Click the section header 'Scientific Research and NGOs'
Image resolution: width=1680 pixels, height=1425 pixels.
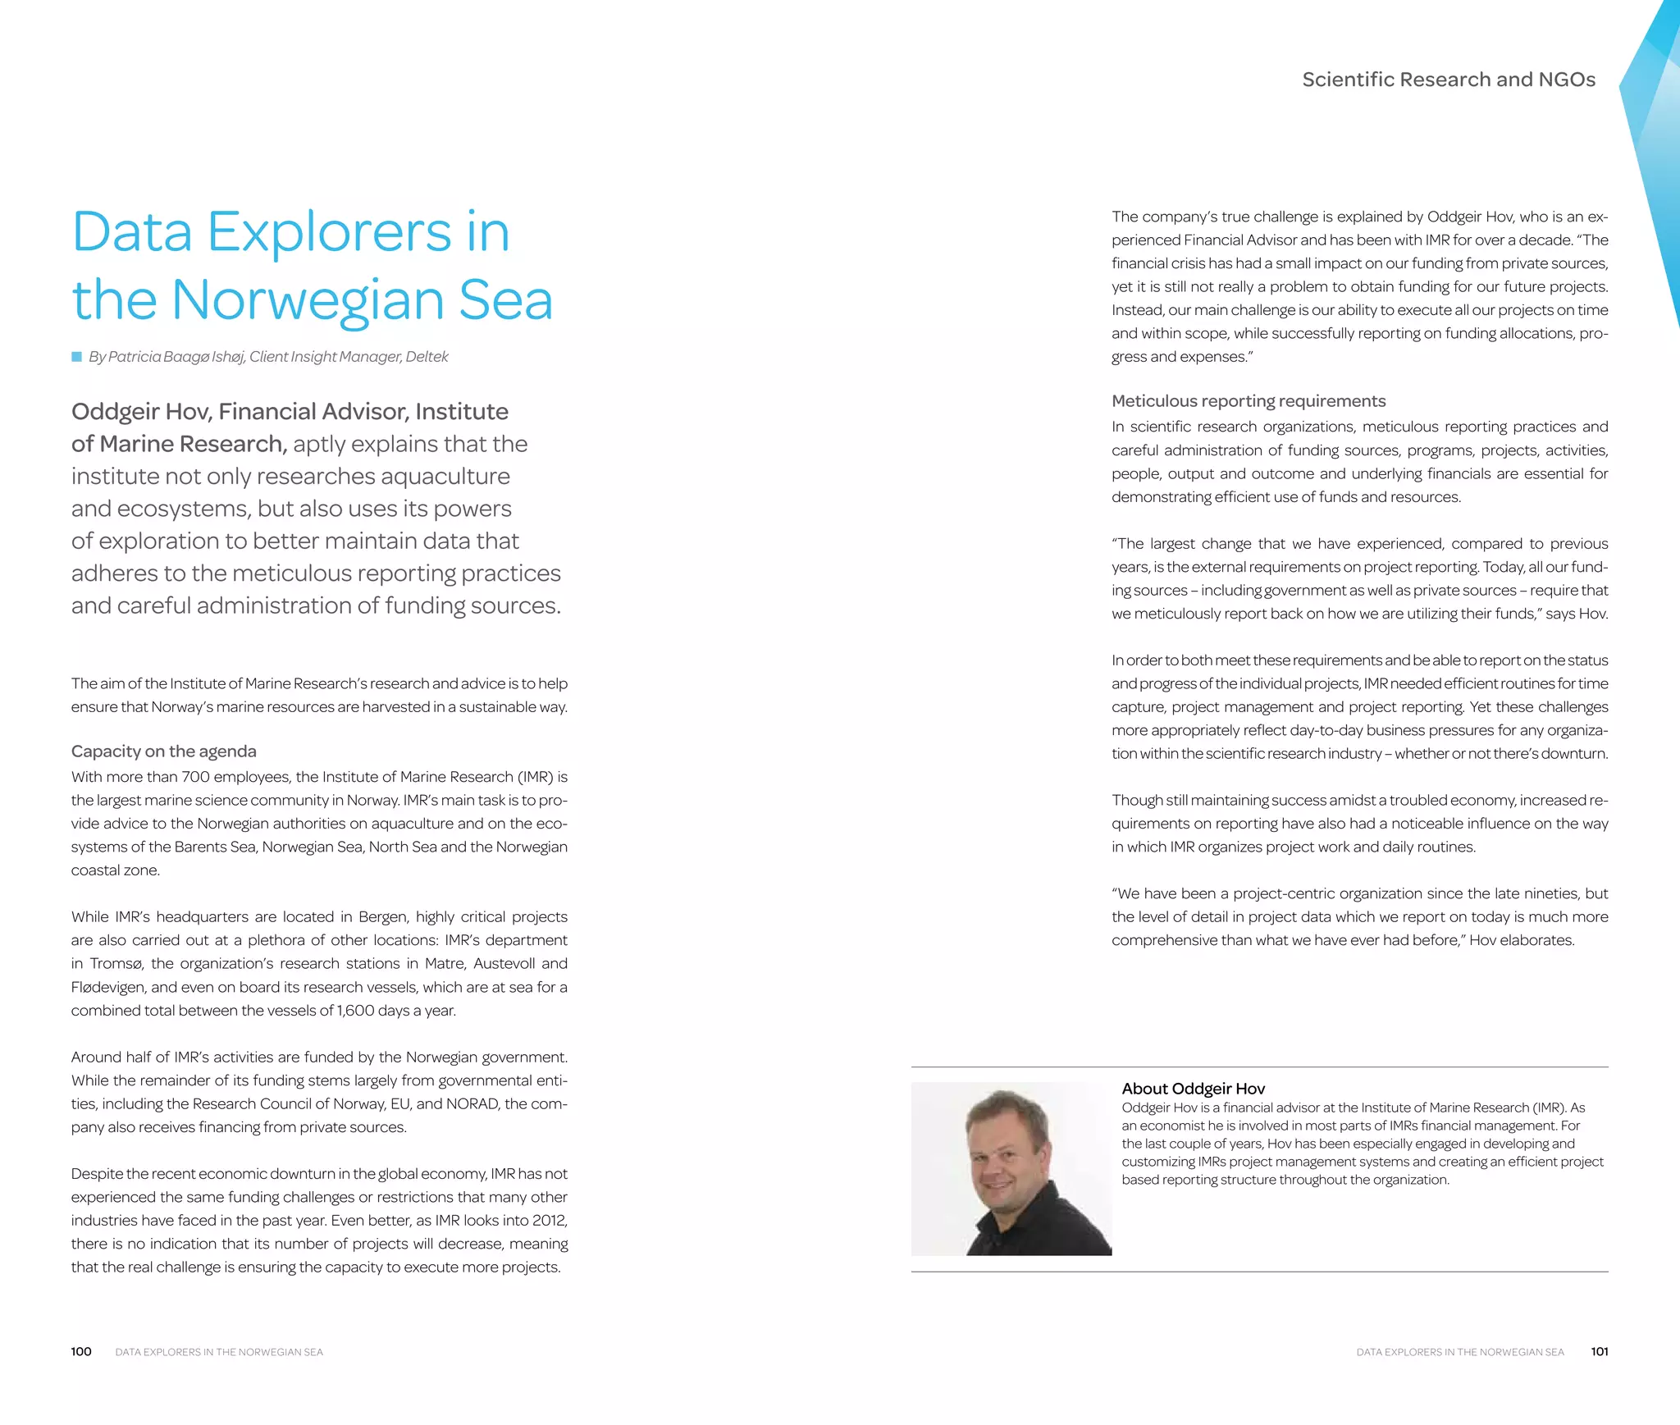tap(1448, 80)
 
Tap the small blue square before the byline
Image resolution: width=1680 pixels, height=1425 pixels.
tap(76, 357)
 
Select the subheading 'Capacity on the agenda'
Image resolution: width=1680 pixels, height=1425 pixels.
tap(163, 751)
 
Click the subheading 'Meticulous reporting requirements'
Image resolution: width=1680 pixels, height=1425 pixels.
tap(1248, 401)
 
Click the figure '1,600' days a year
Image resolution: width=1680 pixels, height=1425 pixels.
tap(355, 1011)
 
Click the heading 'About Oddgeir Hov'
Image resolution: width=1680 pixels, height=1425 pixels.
tap(1193, 1089)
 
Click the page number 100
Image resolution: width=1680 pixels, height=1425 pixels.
tap(80, 1352)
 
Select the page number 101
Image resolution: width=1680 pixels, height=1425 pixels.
tap(1599, 1352)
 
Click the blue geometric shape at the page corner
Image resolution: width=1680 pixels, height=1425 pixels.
tap(1653, 123)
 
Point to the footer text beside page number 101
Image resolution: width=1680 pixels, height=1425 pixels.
tap(1459, 1352)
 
